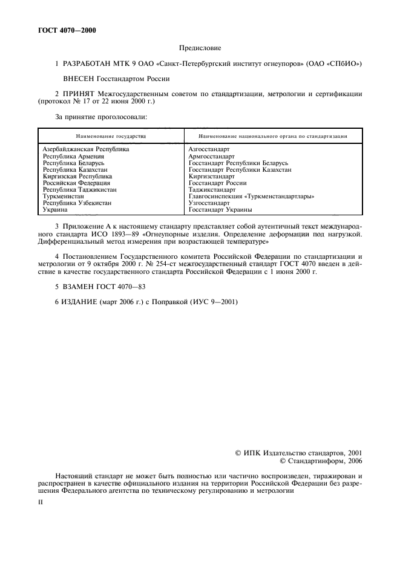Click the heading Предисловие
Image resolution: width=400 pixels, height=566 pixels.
point(200,47)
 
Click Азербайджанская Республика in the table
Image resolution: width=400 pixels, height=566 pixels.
point(86,149)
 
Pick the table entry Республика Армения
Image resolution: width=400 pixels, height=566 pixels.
point(71,156)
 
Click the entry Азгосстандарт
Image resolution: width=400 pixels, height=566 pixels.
point(209,149)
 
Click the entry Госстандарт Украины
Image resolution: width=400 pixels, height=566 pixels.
point(220,210)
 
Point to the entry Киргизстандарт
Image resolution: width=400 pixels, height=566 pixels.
point(212,177)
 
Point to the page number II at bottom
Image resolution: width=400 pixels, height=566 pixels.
point(41,502)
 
